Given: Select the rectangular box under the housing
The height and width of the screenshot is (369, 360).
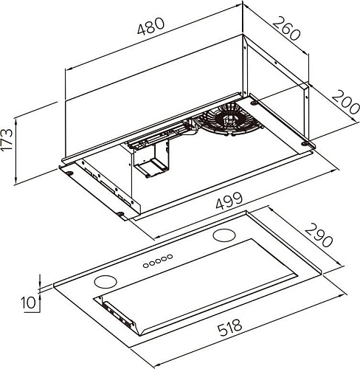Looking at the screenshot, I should point(153,158).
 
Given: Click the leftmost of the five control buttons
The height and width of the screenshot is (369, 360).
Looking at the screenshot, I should point(145,263).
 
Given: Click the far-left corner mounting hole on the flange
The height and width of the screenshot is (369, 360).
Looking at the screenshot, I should point(68,173).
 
